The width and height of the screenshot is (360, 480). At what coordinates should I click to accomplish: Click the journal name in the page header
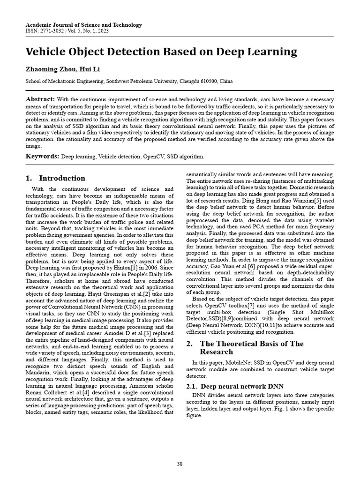pos(83,25)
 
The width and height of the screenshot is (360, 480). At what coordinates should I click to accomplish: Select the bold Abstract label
pos(40,99)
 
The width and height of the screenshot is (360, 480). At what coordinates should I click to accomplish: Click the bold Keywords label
pos(42,156)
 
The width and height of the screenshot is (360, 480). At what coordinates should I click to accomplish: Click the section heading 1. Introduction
pos(55,178)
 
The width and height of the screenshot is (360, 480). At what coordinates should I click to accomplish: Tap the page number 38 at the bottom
pos(180,464)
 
